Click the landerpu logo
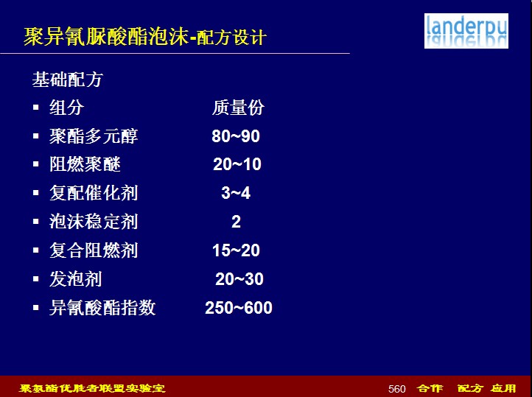466,31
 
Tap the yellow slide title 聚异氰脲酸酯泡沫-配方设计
145,37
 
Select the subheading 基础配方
67,80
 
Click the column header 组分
66,108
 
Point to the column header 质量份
238,108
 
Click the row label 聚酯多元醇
94,136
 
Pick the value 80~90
236,136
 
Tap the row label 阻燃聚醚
85,165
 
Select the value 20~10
237,164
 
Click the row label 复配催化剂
94,193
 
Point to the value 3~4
236,193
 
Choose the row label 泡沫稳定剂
94,222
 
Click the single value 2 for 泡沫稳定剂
236,222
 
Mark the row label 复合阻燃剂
94,251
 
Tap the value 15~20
236,250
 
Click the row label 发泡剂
75,279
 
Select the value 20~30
239,279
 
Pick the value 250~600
239,308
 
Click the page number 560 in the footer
397,389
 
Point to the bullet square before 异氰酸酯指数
36,308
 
